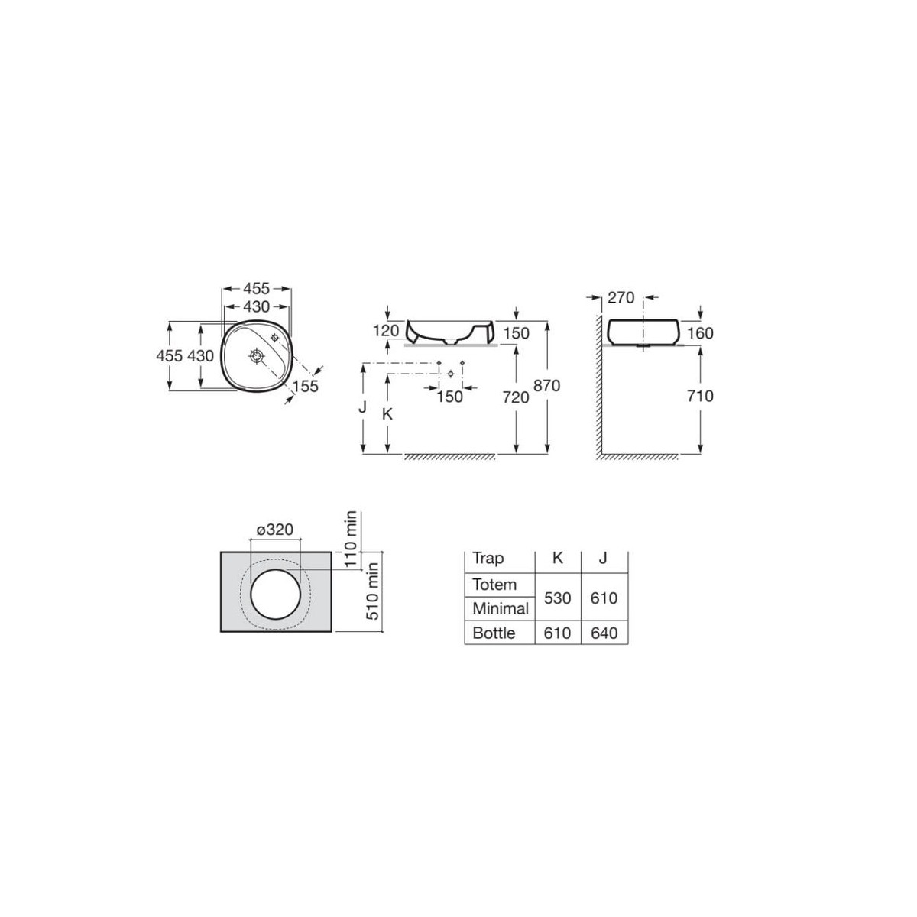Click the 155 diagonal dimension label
[x=305, y=387]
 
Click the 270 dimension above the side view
[x=621, y=297]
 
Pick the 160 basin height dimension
[x=700, y=332]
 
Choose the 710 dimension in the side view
[x=700, y=396]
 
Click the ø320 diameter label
[x=276, y=530]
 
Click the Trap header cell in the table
[x=488, y=558]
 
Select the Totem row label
[x=494, y=585]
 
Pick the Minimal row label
[x=501, y=609]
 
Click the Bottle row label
[x=494, y=633]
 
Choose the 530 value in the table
[x=557, y=598]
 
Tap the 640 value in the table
[x=604, y=633]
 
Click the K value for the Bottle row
[x=557, y=633]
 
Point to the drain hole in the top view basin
[x=256, y=355]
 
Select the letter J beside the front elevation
[x=364, y=407]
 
